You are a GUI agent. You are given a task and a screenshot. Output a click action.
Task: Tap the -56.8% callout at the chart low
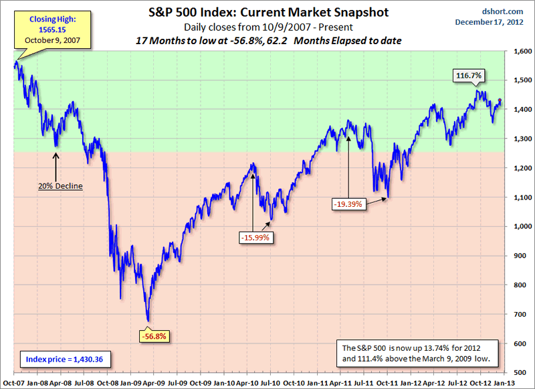pos(153,335)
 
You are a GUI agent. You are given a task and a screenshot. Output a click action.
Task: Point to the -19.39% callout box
pos(348,203)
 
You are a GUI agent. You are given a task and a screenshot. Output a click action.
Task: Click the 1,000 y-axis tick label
pos(521,226)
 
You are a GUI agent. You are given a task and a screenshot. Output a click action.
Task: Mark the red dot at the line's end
pos(501,100)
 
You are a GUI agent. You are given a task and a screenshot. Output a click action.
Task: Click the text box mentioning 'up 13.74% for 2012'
pos(422,354)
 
